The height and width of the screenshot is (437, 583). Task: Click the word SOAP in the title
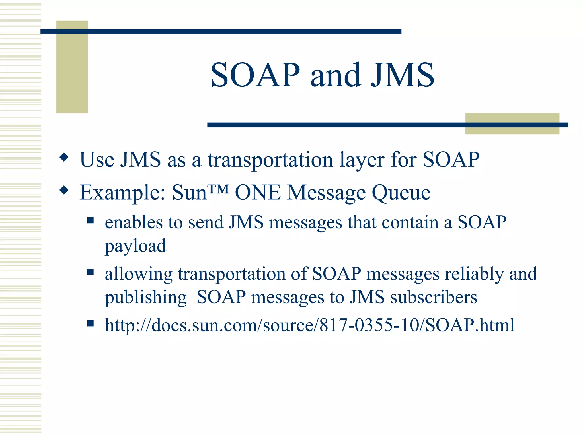(255, 75)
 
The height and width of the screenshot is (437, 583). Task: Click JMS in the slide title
(402, 75)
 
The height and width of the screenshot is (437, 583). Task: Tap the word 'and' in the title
(335, 75)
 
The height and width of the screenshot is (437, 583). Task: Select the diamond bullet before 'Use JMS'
(64, 157)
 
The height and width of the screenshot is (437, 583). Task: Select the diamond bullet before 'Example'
(64, 190)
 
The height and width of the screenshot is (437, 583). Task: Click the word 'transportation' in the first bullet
(270, 160)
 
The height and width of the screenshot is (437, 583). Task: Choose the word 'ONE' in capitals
(258, 193)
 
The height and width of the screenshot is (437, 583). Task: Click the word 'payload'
(136, 246)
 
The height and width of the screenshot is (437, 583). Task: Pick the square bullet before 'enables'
(91, 220)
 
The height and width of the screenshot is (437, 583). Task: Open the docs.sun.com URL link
(309, 325)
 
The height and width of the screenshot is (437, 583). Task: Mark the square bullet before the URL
(91, 323)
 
